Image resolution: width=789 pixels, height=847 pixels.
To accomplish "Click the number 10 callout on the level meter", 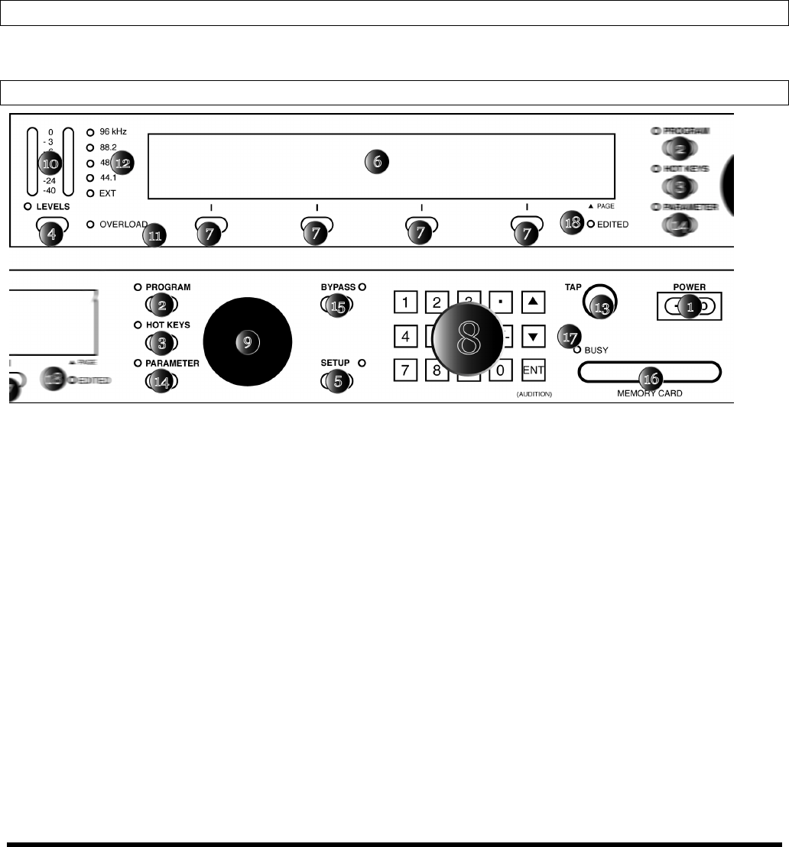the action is (50, 163).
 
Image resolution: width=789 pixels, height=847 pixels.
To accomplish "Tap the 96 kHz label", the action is (113, 131).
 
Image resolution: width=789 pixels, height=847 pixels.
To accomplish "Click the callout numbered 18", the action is (570, 225).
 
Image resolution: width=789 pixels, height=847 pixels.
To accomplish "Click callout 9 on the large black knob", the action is (246, 343).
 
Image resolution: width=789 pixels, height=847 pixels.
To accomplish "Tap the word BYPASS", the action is (338, 286).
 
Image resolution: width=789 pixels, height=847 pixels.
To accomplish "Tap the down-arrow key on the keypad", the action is (533, 336).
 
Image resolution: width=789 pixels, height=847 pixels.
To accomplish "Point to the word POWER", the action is (690, 288).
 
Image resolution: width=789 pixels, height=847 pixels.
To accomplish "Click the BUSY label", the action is (596, 350).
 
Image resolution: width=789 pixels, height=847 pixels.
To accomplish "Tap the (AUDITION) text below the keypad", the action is (534, 393).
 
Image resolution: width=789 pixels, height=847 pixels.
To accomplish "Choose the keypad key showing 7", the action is (405, 370).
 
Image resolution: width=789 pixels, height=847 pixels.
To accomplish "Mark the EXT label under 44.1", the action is (108, 193).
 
